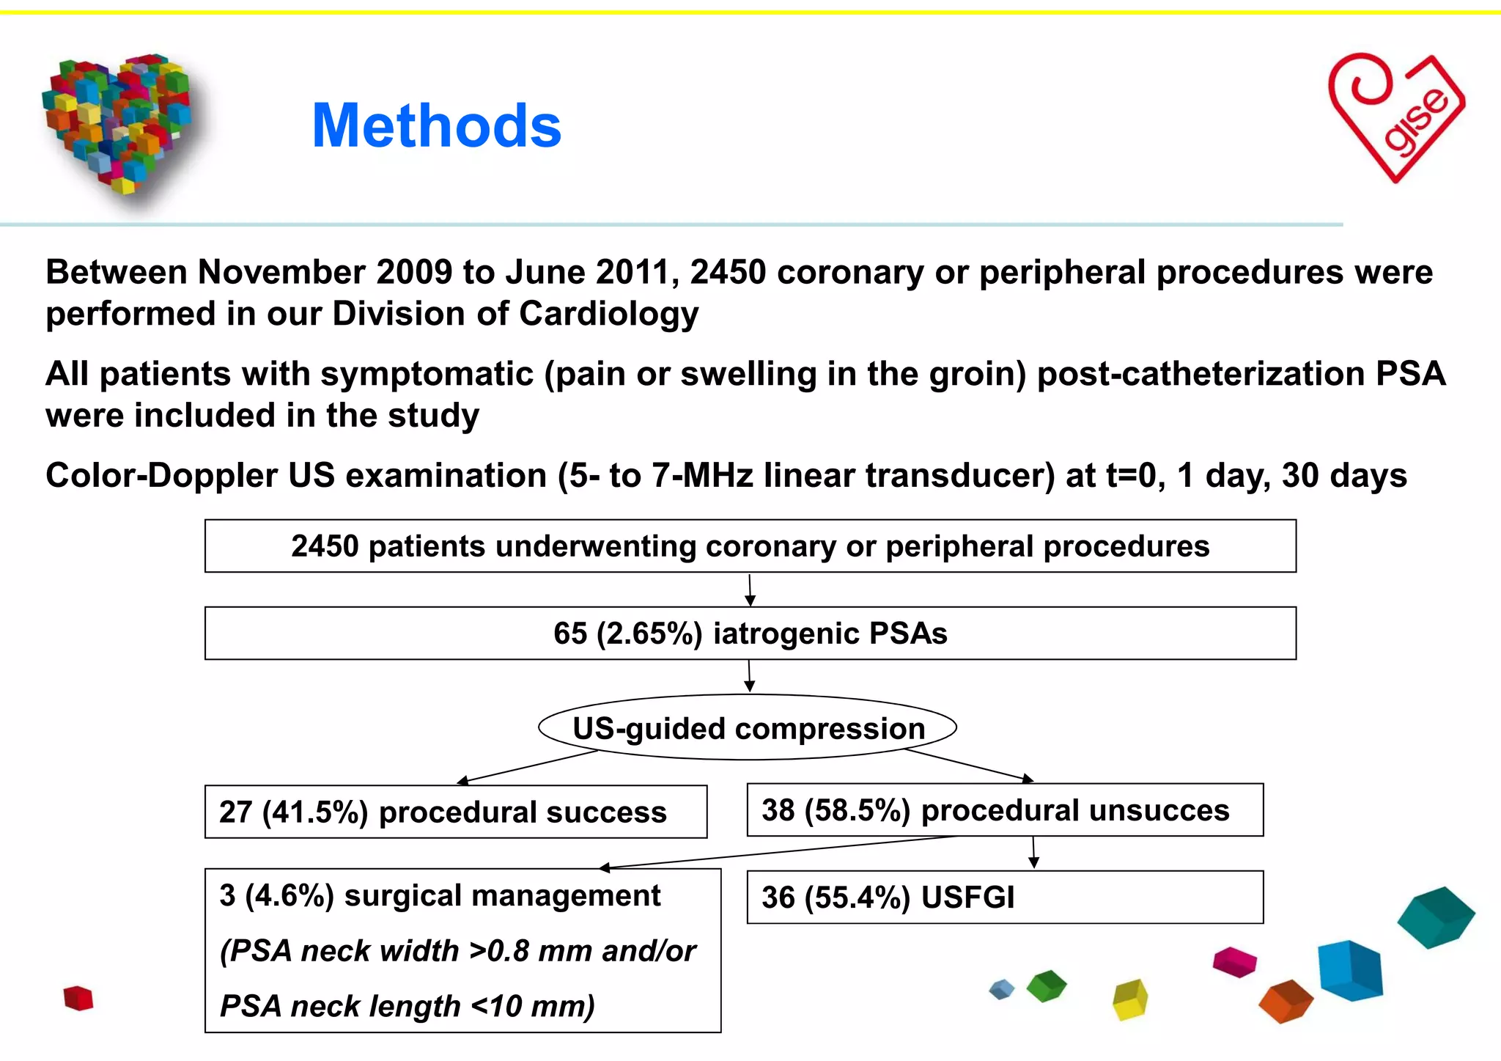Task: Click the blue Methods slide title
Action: point(436,126)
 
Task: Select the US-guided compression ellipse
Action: point(748,728)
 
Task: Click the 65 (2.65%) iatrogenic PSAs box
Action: point(750,634)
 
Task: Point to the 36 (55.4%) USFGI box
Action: point(1004,897)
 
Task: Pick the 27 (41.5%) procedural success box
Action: point(455,812)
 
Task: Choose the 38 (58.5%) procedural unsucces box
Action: point(1004,810)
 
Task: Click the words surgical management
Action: point(502,896)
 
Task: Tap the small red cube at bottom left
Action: point(78,999)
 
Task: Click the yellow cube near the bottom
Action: point(1130,999)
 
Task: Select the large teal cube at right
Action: point(1435,917)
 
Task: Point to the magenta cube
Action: point(1234,962)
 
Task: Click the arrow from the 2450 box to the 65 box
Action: point(750,590)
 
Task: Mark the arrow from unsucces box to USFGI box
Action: point(1033,853)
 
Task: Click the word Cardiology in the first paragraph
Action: point(608,314)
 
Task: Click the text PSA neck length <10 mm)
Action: point(407,1006)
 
